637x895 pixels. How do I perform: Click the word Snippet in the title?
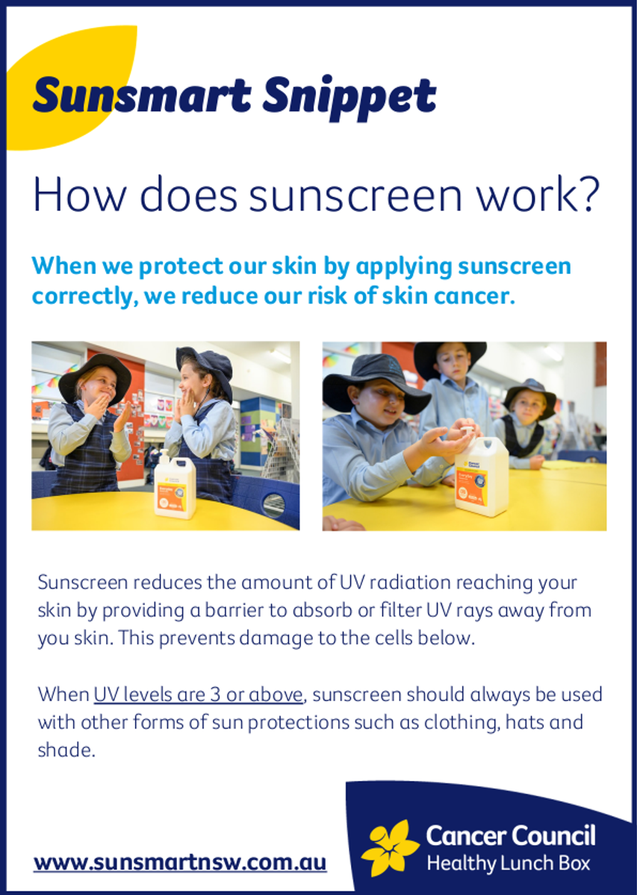(x=349, y=97)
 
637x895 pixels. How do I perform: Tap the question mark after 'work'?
(x=587, y=195)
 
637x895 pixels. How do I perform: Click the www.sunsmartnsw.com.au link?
(x=180, y=862)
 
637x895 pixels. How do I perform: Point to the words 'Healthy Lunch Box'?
(x=508, y=863)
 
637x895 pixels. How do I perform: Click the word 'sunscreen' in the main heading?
(x=355, y=195)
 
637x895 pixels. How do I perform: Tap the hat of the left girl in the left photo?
(x=94, y=376)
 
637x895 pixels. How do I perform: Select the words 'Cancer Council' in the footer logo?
(x=511, y=836)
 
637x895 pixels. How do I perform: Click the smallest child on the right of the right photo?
(x=523, y=424)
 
